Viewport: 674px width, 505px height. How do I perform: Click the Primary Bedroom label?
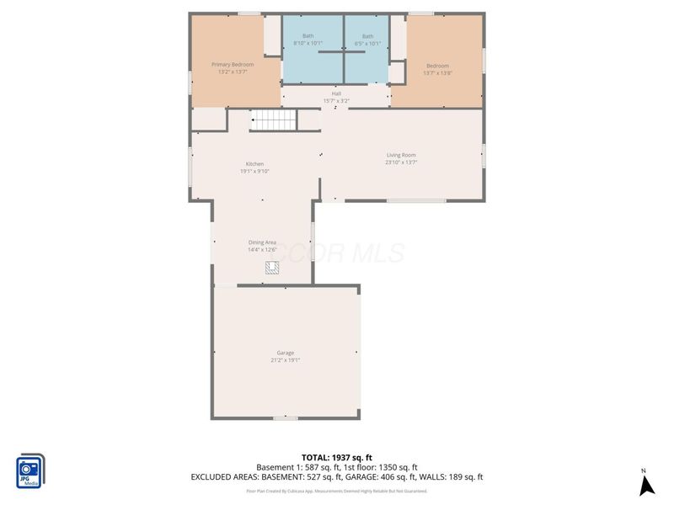point(232,65)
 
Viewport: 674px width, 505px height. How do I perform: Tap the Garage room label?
point(286,353)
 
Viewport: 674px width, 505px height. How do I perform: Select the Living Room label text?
point(401,155)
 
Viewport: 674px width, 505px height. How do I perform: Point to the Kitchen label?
point(254,164)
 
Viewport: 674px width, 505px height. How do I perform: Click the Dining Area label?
point(262,242)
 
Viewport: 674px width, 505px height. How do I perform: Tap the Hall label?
point(335,93)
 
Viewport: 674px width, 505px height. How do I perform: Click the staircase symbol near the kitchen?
point(275,121)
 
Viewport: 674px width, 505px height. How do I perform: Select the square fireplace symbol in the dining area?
point(272,268)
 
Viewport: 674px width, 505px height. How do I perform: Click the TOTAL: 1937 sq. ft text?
point(336,458)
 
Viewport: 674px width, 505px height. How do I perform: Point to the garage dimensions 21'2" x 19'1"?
point(286,360)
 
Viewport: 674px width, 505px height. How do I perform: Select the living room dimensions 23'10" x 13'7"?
point(401,162)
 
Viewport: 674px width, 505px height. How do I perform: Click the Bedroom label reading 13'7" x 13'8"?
point(437,69)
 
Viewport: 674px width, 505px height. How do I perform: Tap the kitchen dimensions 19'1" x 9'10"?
point(254,172)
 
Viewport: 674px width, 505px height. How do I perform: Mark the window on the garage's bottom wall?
point(285,417)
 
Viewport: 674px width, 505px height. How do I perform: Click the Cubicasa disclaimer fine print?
point(336,491)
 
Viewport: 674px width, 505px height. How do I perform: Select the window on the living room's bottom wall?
point(416,200)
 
